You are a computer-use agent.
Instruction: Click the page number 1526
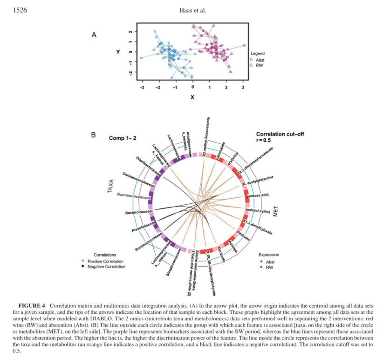click(20, 11)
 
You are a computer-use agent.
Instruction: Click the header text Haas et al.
click(191, 11)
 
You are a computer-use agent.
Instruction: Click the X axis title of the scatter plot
click(191, 97)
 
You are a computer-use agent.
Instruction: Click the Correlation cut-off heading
click(280, 134)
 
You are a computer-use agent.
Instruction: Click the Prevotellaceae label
click(143, 230)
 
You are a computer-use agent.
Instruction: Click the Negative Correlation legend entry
click(106, 267)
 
